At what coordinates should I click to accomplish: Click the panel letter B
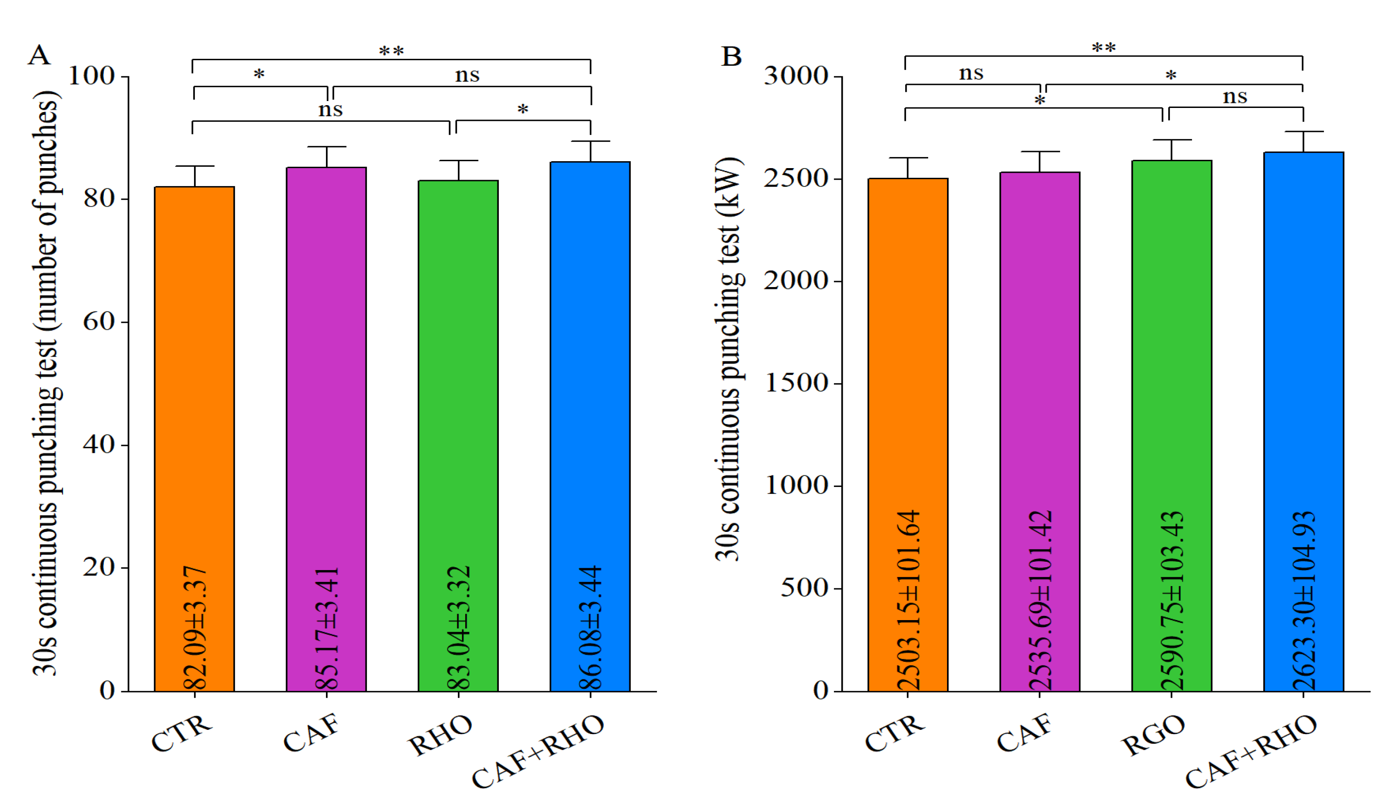(x=731, y=56)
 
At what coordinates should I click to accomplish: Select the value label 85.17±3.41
(x=327, y=628)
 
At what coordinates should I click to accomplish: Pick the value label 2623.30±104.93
(x=1304, y=600)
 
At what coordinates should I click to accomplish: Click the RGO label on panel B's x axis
(x=1153, y=735)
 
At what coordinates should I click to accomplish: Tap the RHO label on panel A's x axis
(x=440, y=735)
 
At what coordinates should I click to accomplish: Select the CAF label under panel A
(x=312, y=733)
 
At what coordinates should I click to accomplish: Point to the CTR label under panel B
(x=895, y=733)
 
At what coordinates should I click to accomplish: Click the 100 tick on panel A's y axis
(x=91, y=75)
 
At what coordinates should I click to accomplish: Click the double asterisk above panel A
(x=391, y=51)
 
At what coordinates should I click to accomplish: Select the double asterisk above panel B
(x=1104, y=48)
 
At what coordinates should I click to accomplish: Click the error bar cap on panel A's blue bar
(x=590, y=141)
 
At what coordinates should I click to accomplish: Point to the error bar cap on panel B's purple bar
(x=1040, y=152)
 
